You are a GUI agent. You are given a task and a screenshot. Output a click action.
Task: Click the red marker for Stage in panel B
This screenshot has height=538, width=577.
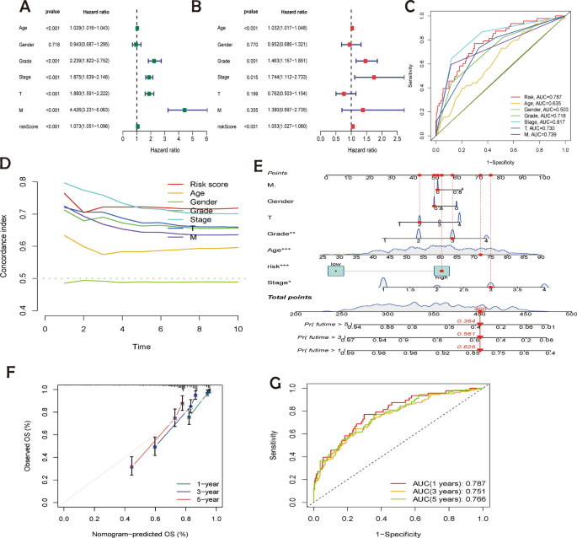(x=374, y=78)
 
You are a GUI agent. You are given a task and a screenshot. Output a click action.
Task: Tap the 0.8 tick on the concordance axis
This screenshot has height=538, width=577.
(x=35, y=180)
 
